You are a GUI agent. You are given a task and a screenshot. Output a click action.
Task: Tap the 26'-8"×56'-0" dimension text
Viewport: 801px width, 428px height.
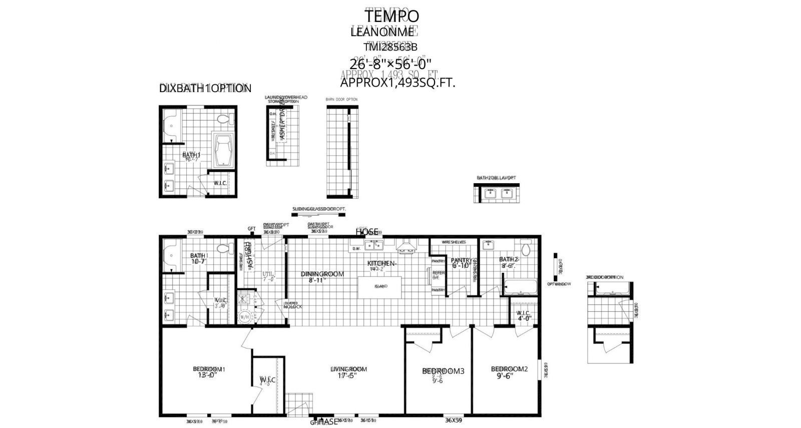[390, 64]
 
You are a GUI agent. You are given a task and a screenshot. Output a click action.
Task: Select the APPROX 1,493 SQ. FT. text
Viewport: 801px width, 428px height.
[397, 83]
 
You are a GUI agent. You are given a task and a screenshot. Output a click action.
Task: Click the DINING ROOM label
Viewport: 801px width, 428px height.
[322, 274]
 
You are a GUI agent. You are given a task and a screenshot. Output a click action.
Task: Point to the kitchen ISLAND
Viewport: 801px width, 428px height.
[380, 287]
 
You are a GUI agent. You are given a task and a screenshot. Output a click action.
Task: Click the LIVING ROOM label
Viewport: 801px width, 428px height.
[348, 369]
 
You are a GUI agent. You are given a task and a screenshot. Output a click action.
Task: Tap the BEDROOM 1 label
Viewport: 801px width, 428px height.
[209, 369]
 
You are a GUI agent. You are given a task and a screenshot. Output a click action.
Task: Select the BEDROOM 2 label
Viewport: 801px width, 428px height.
[509, 369]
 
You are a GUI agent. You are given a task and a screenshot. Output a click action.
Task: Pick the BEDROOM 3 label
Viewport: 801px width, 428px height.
[443, 371]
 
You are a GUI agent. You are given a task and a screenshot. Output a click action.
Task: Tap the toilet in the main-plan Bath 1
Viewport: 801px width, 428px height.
[223, 248]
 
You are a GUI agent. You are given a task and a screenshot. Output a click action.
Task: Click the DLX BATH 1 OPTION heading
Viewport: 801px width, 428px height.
[205, 89]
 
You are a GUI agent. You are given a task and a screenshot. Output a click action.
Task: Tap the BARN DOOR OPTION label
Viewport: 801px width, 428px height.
[341, 100]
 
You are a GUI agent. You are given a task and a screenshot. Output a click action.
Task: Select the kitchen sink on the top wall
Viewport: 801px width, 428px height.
[373, 245]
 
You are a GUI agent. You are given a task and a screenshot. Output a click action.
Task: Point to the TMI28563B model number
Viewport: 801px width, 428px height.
[390, 47]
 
